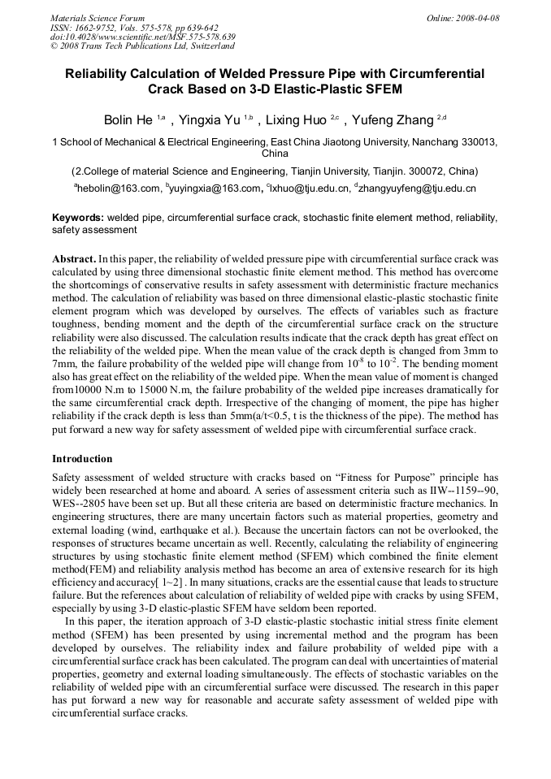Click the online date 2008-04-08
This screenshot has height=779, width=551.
coord(477,18)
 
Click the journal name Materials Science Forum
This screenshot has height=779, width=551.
coord(98,18)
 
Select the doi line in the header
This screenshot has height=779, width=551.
coord(143,37)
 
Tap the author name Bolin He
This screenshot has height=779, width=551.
coord(128,120)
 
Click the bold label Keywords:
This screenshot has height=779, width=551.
coord(78,219)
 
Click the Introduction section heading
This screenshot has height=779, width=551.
coord(82,459)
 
